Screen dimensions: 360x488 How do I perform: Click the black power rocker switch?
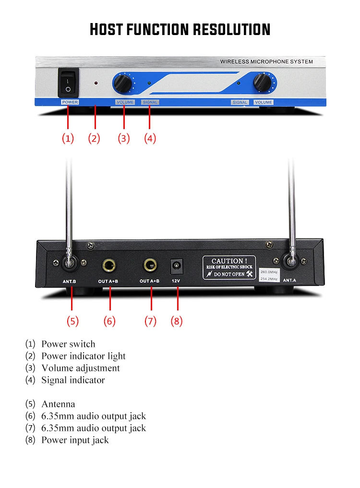pos(68,83)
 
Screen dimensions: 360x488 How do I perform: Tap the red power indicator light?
pos(96,83)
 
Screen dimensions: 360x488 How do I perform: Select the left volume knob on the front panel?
pos(123,83)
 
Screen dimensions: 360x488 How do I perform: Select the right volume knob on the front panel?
pos(262,82)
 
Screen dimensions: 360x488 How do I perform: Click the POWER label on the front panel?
pos(70,102)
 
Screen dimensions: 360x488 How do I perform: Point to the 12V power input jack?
pos(176,266)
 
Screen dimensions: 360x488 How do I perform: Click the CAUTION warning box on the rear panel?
pos(229,268)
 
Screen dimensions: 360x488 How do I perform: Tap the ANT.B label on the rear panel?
pos(69,281)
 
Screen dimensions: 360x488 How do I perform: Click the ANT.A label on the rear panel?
pos(289,280)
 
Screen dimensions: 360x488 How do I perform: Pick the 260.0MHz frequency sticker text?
pos(269,272)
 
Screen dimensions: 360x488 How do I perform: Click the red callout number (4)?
pos(150,138)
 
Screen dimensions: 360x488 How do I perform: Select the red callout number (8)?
pos(177,321)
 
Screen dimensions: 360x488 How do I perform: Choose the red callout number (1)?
pos(68,138)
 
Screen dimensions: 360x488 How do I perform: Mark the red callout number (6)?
pos(109,321)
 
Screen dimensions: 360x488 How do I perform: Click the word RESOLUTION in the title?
pos(231,30)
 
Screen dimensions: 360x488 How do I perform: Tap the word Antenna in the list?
pos(58,404)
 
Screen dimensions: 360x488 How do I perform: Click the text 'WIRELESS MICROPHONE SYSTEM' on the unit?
pos(266,61)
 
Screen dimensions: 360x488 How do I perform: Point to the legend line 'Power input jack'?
pos(75,440)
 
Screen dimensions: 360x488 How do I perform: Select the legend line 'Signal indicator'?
pos(73,380)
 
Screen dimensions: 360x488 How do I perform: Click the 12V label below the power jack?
pos(176,281)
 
